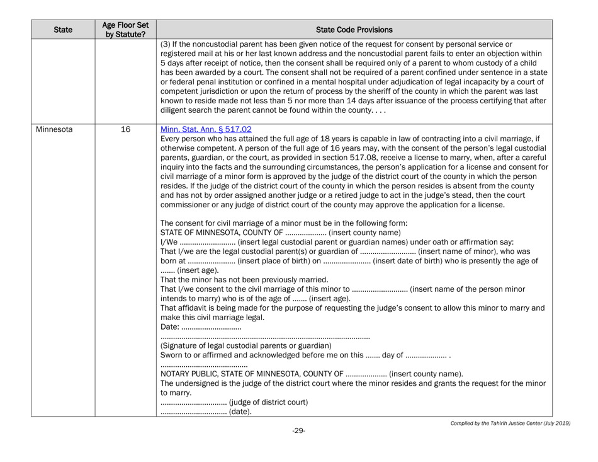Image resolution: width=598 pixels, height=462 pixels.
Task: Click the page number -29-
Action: click(x=300, y=448)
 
